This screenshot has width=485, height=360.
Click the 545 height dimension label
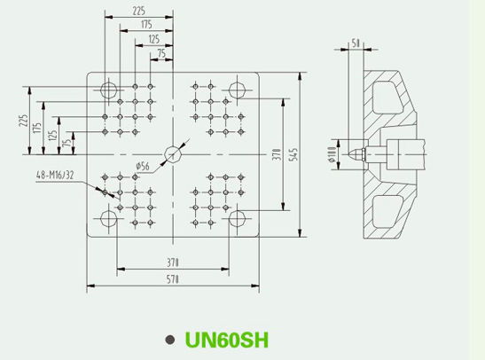294,154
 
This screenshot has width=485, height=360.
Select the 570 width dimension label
173,279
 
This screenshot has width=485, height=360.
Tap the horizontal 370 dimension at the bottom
173,262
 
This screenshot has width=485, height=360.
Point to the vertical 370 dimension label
278,154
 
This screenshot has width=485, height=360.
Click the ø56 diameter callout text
143,167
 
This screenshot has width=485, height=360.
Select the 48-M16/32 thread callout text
55,176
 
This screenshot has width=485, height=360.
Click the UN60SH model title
227,340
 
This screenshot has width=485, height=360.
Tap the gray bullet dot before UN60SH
170,340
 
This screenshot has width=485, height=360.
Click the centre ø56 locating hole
173,154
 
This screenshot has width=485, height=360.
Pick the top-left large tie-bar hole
109,90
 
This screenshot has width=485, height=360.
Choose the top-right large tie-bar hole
238,90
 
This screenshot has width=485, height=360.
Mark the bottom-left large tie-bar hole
109,219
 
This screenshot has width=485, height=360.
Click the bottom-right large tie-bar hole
238,219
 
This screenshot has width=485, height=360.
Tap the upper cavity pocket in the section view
387,97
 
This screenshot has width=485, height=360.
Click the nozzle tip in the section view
350,154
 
